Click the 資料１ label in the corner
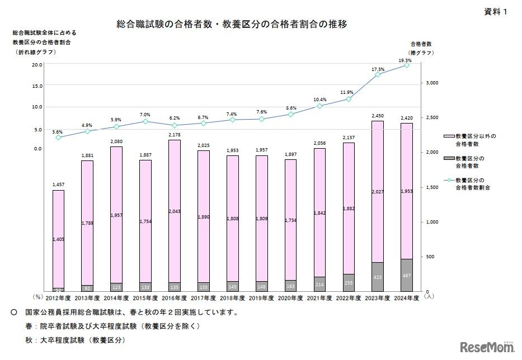click(x=496, y=12)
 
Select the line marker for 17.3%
click(x=378, y=74)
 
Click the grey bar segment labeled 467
click(x=407, y=274)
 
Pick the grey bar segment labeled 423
click(x=378, y=276)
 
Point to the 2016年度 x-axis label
click(x=174, y=299)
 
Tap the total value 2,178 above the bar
click(x=174, y=135)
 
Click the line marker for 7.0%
click(x=145, y=121)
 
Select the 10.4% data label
click(x=319, y=100)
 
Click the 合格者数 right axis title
click(x=421, y=43)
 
